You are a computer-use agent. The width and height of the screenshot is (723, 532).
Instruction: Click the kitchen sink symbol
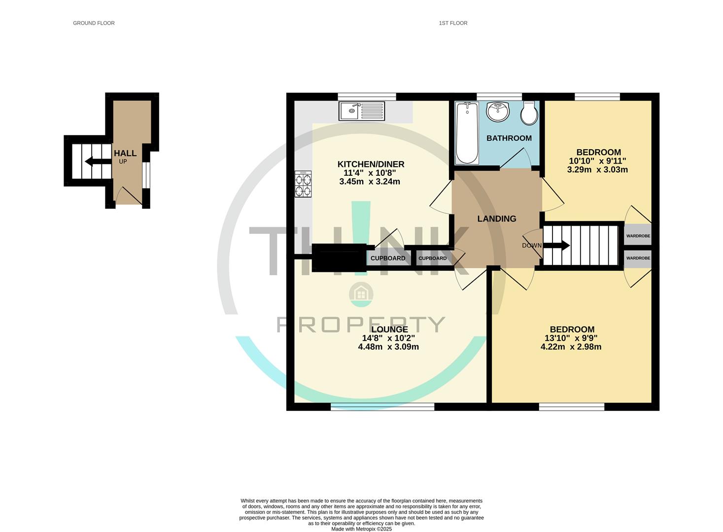[362, 110]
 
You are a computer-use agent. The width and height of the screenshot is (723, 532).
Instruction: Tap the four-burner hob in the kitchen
[303, 184]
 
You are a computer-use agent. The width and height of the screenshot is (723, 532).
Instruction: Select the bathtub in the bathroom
[467, 133]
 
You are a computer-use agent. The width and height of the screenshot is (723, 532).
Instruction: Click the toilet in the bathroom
[529, 113]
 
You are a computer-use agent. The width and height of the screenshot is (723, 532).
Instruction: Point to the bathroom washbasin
[498, 111]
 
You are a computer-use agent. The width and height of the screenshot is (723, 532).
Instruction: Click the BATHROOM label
[509, 138]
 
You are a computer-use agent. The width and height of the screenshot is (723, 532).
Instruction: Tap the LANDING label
[496, 219]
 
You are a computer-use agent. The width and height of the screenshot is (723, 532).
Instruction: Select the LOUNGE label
[389, 330]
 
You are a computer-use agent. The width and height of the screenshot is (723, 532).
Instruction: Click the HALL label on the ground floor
[125, 154]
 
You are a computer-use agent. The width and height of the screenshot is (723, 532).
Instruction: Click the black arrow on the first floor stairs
[556, 245]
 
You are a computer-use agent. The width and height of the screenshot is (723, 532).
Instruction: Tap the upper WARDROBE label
[638, 236]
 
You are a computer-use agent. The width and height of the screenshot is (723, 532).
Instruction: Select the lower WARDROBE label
[638, 258]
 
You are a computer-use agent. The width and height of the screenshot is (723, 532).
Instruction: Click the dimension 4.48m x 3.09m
[388, 347]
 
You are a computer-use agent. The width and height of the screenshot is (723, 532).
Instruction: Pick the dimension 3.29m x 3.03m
[597, 170]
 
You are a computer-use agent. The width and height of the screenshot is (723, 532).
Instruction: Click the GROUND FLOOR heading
[94, 23]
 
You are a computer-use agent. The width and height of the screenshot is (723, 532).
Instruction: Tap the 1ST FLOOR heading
[453, 23]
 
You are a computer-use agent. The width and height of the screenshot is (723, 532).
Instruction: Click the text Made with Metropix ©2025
[361, 529]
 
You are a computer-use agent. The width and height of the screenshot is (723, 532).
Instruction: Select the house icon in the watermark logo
[361, 294]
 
